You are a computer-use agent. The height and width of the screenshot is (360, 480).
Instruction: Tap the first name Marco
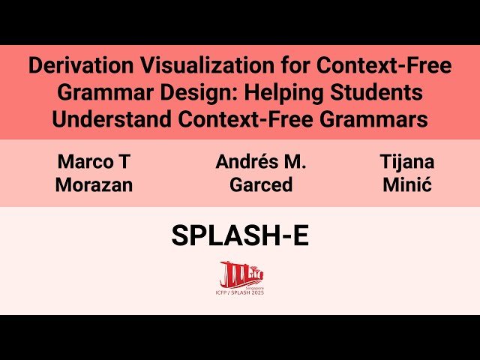point(84,162)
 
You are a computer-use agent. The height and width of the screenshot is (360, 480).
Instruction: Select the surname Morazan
point(94,184)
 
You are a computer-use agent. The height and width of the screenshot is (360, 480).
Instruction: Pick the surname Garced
point(261,184)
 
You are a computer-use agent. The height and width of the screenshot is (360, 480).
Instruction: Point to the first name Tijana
point(407,162)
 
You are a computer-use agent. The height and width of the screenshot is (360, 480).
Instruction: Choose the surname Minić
point(407,184)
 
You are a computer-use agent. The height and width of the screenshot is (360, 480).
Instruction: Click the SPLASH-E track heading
point(240,236)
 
